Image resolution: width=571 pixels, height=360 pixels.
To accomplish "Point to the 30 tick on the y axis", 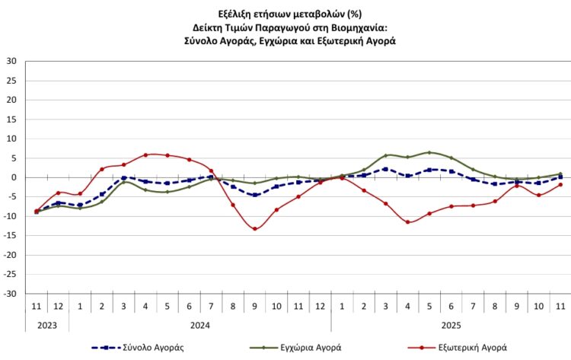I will click(x=12, y=61).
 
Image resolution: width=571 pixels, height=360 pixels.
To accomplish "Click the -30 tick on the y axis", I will click(x=11, y=294).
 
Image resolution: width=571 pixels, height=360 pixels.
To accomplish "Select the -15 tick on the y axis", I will click(x=11, y=235).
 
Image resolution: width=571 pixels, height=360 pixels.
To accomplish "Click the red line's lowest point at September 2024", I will click(x=254, y=229).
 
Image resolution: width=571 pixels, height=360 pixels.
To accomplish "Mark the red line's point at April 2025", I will click(x=408, y=222).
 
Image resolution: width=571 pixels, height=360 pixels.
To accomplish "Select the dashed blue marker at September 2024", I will click(x=254, y=195).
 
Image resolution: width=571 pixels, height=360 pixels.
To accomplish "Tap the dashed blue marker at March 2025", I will click(x=386, y=169).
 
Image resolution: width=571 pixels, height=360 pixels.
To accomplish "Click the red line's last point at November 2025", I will click(x=560, y=184).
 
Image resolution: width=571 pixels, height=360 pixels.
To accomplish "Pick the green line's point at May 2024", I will click(x=167, y=192).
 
